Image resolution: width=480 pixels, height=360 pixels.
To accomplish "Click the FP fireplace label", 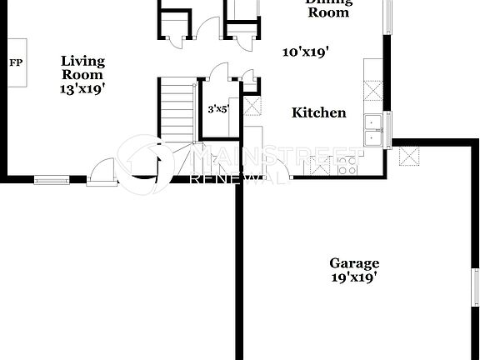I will pos(16,62).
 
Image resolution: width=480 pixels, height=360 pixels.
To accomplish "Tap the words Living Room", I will pos(83,67).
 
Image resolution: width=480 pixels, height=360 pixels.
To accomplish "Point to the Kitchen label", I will pos(318,112).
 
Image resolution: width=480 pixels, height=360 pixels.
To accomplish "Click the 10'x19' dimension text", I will pos(305,52).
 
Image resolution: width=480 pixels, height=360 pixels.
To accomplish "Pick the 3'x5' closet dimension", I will pos(219,108).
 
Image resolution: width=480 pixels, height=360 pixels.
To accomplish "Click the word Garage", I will pos(353,263).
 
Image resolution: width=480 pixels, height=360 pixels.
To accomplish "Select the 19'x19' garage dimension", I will pos(353,277).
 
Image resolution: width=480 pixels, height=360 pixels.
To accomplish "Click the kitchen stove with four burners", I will pos(347,165).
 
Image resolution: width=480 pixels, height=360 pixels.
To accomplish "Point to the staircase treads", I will pos(176,108).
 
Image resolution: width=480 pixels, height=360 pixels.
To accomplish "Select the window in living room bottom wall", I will pos(52,178).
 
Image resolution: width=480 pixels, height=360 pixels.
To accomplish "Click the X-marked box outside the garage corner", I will pos(408,155).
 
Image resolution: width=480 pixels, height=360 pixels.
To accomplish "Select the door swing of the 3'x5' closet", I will pos(218,73).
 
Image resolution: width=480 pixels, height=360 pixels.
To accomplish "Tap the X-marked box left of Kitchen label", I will pos(251,105).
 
